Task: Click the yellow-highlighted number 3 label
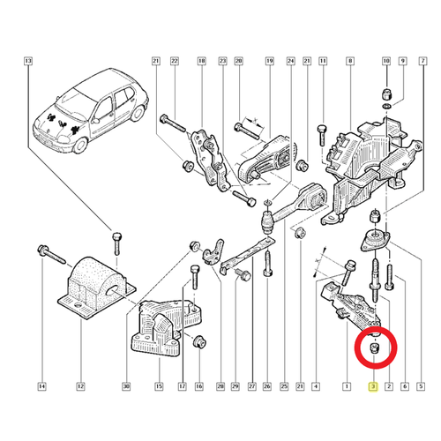point(373,386)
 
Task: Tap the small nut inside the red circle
point(374,348)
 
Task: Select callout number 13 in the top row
point(28,61)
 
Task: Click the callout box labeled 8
point(350,61)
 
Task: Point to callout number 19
point(270,61)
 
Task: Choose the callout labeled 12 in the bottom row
point(80,386)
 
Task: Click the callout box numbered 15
point(159,386)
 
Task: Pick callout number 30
point(126,386)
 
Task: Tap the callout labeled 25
point(284,386)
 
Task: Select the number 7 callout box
point(422,61)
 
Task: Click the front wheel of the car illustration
point(80,145)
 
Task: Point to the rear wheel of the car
point(138,112)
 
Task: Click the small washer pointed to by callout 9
point(387,105)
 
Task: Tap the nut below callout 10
point(386,94)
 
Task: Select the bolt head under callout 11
point(322,130)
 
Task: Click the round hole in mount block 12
point(113,291)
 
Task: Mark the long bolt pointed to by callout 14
point(52,254)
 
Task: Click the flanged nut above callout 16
point(199,340)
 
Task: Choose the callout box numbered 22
point(175,61)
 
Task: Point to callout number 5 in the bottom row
point(421,386)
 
